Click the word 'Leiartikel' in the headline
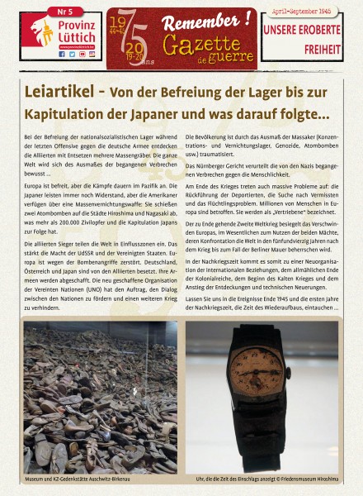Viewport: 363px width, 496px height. pos(62,89)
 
